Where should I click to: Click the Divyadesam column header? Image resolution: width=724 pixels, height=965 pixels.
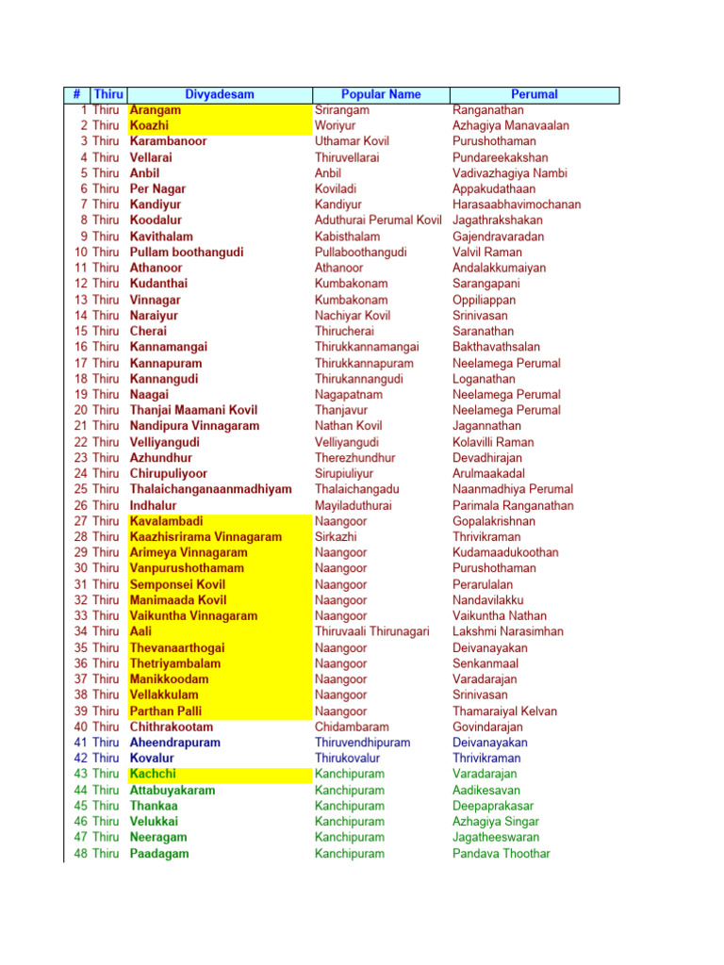pos(219,94)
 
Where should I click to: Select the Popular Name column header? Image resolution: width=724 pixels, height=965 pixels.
pos(381,94)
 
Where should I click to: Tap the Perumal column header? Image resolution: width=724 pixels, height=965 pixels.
pos(534,94)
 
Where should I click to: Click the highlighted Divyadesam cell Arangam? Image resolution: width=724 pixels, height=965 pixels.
pos(156,110)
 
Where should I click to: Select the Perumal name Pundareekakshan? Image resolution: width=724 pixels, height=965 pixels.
pos(500,157)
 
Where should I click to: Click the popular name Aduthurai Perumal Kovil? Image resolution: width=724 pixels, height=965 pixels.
pos(378,221)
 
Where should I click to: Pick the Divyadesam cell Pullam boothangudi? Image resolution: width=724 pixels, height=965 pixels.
pos(187,253)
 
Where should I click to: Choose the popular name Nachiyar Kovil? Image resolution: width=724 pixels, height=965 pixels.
pos(353,316)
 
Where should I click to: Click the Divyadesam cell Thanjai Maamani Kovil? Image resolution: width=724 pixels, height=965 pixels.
pos(193,410)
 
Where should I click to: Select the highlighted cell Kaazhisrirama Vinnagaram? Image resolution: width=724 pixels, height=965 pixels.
pos(206,537)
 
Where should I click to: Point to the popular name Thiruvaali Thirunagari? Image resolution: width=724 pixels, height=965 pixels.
pos(372,631)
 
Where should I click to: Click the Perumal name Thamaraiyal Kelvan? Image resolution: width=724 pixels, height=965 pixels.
pos(504,711)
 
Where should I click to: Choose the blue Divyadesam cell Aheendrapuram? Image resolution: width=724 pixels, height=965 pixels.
pos(175,743)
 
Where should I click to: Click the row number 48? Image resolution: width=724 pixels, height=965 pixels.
pos(81,854)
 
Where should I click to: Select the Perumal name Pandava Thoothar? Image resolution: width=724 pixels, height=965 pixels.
pos(502,854)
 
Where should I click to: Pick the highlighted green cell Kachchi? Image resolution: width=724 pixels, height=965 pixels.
pos(152,775)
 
